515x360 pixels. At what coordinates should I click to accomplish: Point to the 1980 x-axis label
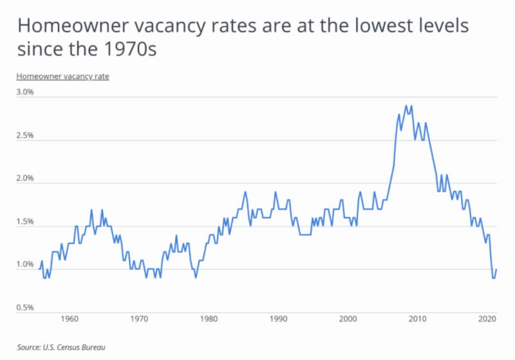208,319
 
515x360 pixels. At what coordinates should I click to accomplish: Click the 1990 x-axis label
277,319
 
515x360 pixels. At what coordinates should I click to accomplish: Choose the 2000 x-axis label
348,319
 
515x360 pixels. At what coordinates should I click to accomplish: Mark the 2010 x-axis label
417,319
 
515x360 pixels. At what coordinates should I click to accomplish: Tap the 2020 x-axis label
487,319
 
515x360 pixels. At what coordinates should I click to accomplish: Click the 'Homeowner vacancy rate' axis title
62,76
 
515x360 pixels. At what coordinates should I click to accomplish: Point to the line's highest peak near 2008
406,106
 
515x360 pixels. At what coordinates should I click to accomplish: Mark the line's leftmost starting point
39,269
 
